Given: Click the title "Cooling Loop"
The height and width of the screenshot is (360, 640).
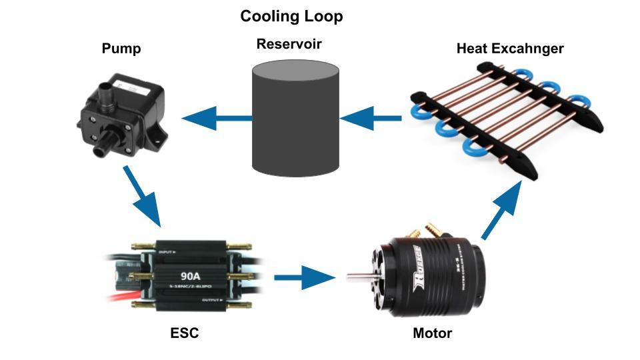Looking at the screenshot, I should click(x=291, y=16).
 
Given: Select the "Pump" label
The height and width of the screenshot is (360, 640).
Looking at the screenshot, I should click(x=121, y=49).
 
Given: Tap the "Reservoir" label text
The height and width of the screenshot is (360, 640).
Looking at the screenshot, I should click(x=289, y=44).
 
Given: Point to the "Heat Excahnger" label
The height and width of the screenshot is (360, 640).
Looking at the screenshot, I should click(x=510, y=49).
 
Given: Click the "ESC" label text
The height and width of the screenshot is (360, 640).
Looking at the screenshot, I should click(x=184, y=333).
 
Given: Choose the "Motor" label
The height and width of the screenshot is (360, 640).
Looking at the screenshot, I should click(x=432, y=333).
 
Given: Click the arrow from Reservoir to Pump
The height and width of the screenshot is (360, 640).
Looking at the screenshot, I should click(x=217, y=119).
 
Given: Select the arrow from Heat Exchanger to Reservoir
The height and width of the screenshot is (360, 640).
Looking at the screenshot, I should click(x=371, y=119).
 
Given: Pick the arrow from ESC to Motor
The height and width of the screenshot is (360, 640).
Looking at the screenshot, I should click(x=303, y=276).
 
